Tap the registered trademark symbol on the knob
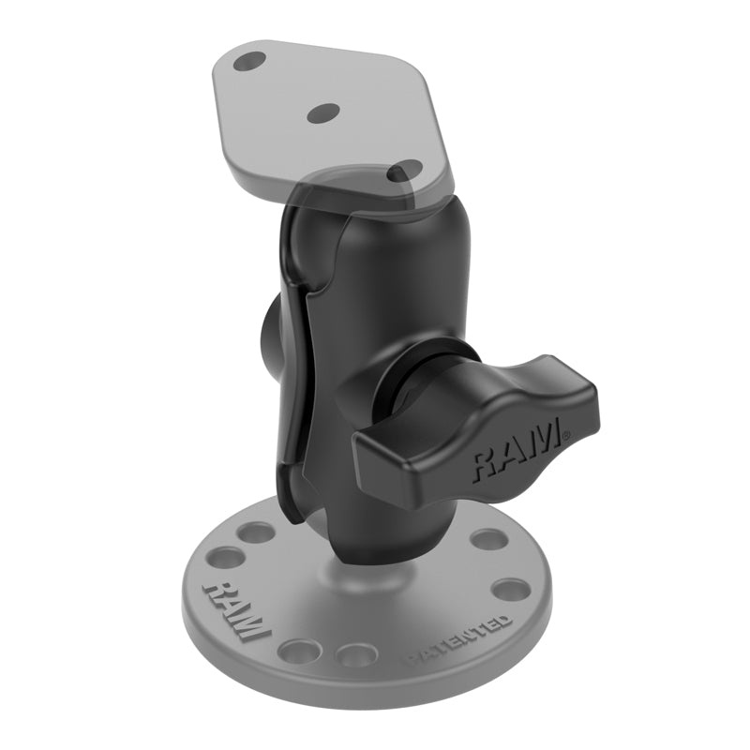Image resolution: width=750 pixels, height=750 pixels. pyautogui.click(x=564, y=433)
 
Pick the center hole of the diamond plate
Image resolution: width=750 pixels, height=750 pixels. pyautogui.click(x=322, y=112)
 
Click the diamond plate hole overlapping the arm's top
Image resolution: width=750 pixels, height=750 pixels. pyautogui.click(x=406, y=172)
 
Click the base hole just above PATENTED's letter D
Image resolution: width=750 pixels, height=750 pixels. pyautogui.click(x=512, y=591)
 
